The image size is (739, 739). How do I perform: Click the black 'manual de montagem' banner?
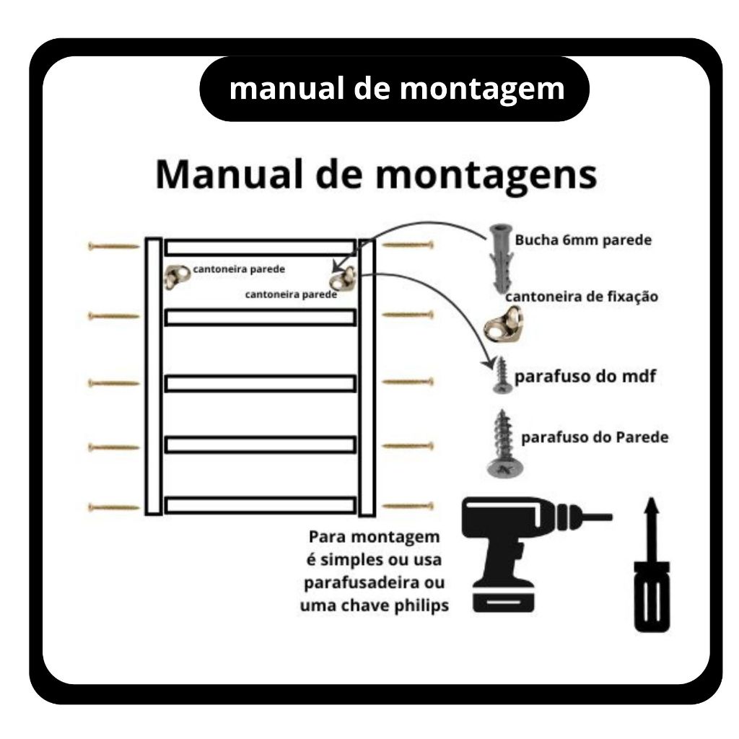pos(394,89)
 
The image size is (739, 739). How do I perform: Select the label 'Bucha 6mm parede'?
pos(583,240)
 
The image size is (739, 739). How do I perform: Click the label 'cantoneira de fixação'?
pos(582,297)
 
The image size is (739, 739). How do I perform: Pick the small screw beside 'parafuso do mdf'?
pos(502,375)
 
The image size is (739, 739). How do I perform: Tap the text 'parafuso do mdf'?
pos(585,377)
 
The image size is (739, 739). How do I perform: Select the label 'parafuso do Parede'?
pos(595,437)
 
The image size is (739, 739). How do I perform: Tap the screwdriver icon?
pos(652,564)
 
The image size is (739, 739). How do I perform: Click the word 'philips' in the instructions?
pos(421,606)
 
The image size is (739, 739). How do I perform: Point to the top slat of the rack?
pos(260,248)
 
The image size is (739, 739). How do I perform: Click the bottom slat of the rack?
pos(260,504)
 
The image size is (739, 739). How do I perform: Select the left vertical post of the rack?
pos(154,376)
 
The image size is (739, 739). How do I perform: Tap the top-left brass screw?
pos(113,246)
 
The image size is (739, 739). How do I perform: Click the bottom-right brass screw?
pos(408,507)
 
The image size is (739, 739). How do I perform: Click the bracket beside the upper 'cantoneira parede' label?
pos(177,276)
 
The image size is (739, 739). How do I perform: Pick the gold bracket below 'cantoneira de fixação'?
pos(503,324)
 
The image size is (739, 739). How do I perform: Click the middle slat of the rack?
pos(260,383)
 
